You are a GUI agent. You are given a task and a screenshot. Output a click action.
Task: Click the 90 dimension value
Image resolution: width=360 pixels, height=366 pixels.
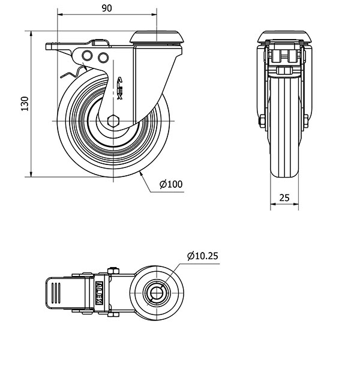tap(106, 9)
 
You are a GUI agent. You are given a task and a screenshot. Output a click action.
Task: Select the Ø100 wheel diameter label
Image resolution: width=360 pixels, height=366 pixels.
tap(171, 184)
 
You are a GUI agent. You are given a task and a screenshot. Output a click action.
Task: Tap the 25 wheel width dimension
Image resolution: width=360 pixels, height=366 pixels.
tap(284, 197)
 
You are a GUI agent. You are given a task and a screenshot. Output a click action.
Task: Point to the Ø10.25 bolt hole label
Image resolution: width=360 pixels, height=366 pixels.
tap(202, 256)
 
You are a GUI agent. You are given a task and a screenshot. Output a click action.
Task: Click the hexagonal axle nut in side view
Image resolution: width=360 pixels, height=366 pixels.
tap(115, 120)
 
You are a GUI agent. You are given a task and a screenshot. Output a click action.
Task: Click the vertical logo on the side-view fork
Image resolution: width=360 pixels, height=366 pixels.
tap(119, 90)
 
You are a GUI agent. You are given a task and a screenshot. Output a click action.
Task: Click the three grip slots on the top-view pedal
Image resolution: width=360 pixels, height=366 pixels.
tap(56, 294)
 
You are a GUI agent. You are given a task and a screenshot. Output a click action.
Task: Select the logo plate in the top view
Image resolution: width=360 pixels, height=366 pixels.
tap(100, 293)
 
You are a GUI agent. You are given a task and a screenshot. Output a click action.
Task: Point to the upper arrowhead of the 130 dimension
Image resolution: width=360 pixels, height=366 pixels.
tap(30, 34)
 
